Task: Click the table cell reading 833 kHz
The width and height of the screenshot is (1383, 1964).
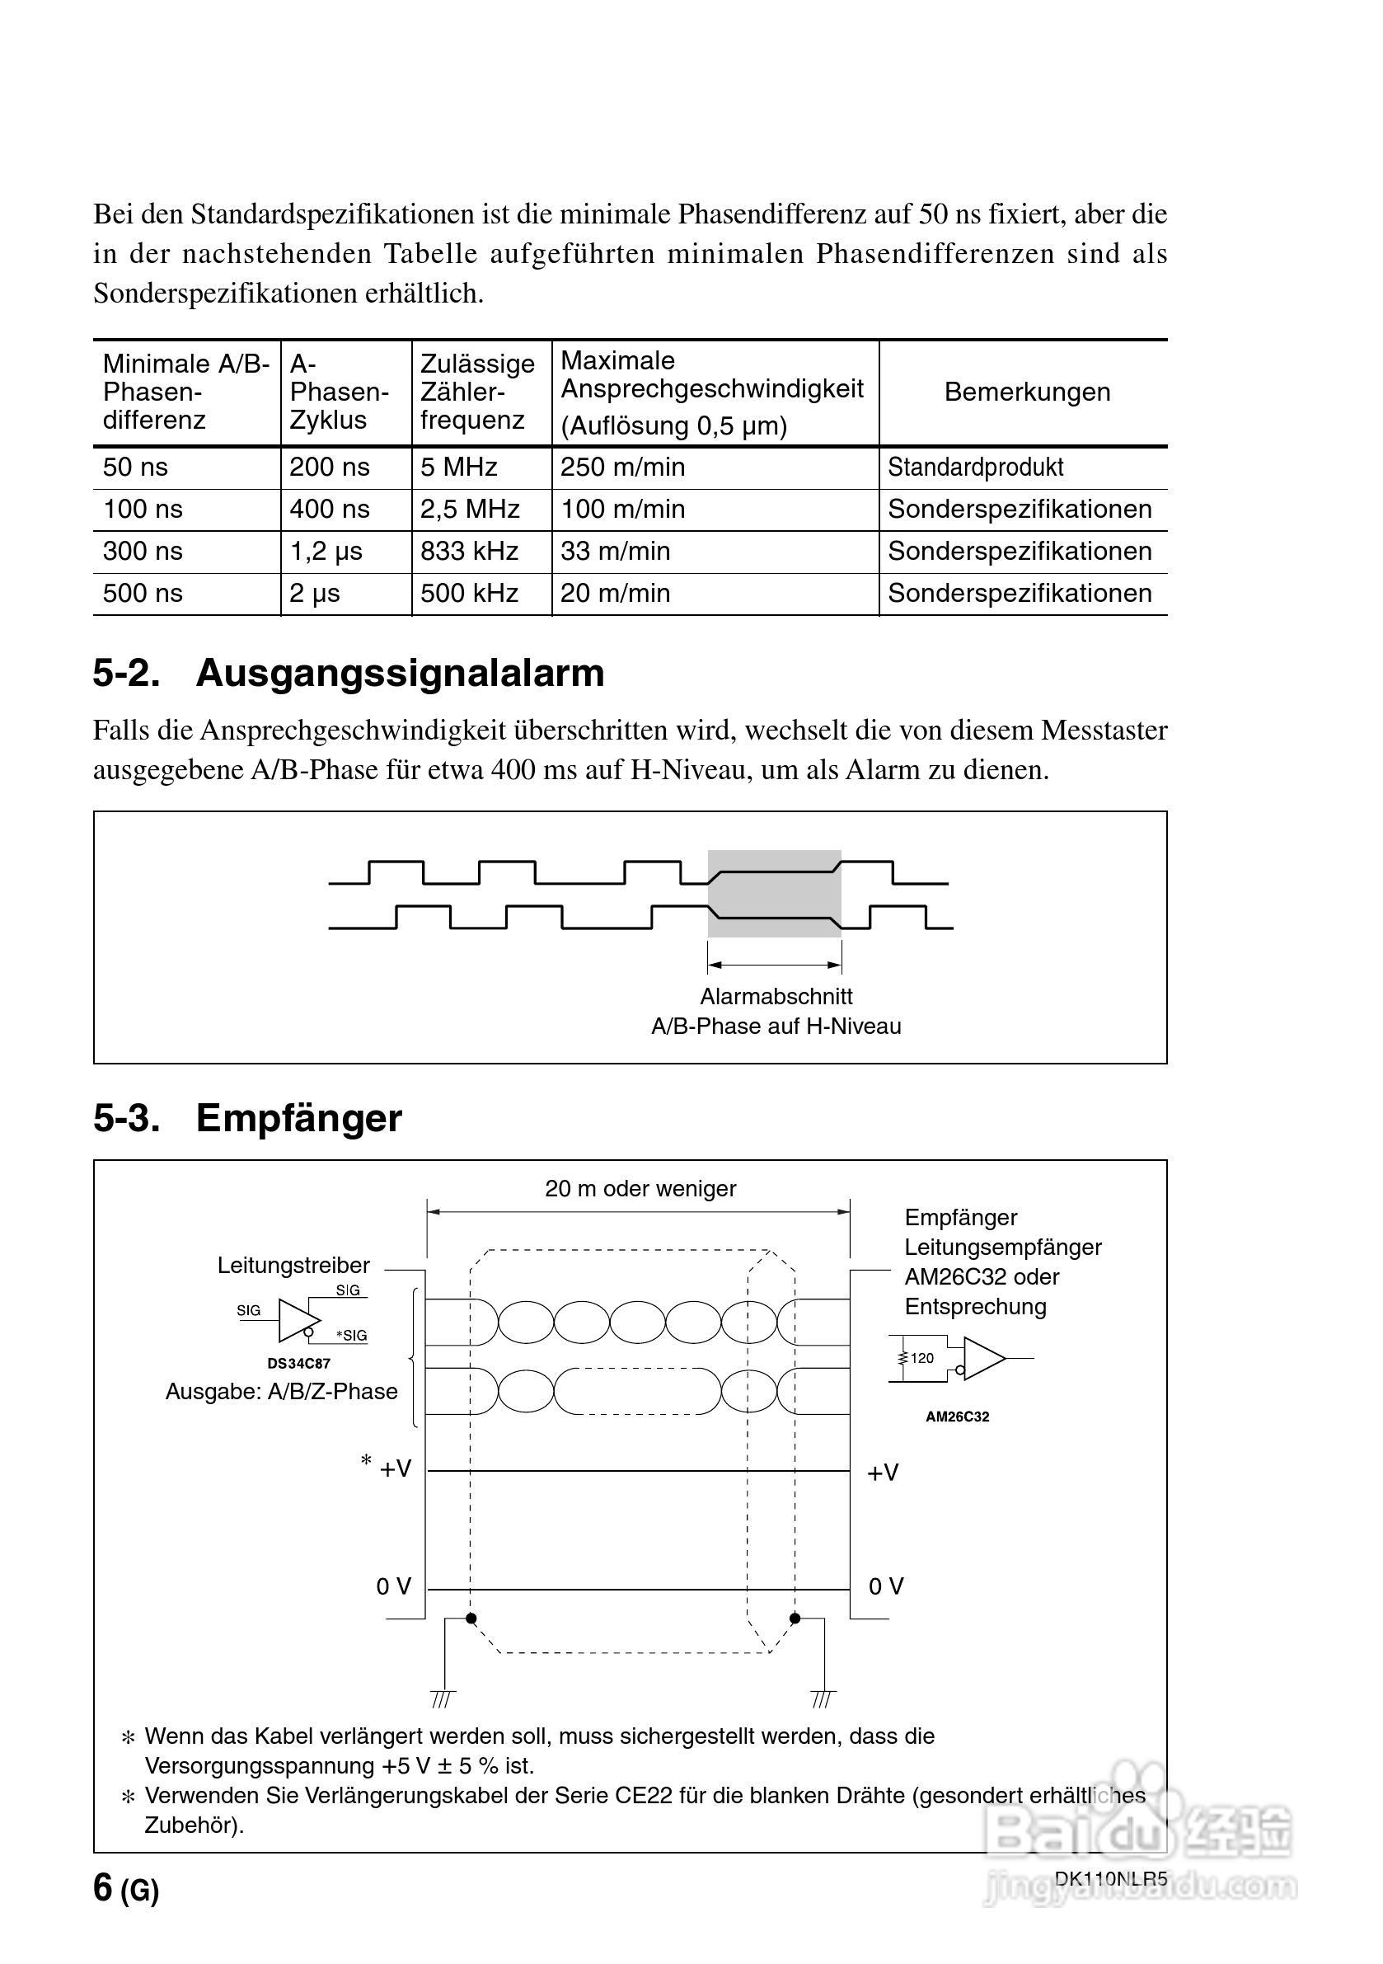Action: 469,551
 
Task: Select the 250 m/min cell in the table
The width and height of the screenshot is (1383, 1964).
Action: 621,467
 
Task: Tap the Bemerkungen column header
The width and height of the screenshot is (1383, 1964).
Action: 1026,392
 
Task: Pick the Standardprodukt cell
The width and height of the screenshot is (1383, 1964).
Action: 975,467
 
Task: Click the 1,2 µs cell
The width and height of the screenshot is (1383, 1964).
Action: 325,551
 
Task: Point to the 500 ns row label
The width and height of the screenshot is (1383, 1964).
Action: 142,593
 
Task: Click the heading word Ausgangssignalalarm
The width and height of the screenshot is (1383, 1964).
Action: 400,673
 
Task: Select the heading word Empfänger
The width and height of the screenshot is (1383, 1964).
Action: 298,1118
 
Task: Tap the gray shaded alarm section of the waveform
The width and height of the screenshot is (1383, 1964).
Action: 774,893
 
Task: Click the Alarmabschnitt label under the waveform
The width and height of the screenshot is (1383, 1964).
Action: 776,997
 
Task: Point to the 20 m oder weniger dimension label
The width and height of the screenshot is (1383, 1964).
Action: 640,1189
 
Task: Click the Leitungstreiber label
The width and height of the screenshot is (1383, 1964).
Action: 293,1265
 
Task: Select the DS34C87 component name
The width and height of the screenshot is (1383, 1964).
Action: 298,1364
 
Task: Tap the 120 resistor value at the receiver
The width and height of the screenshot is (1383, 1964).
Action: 922,1357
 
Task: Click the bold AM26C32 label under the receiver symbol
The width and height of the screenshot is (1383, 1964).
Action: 957,1417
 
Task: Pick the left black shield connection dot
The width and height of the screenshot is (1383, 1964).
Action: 471,1619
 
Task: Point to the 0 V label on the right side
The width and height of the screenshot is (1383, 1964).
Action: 886,1586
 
